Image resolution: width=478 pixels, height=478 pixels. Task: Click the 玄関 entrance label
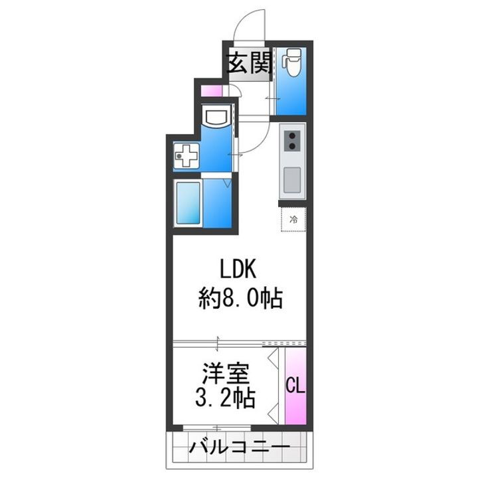(248, 65)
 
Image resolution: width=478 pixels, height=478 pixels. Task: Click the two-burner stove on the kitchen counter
(291, 141)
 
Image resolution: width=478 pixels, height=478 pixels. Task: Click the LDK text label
(233, 270)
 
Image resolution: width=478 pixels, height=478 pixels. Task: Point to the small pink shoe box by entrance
(210, 91)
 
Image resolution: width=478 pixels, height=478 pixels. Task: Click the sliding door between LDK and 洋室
(219, 343)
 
